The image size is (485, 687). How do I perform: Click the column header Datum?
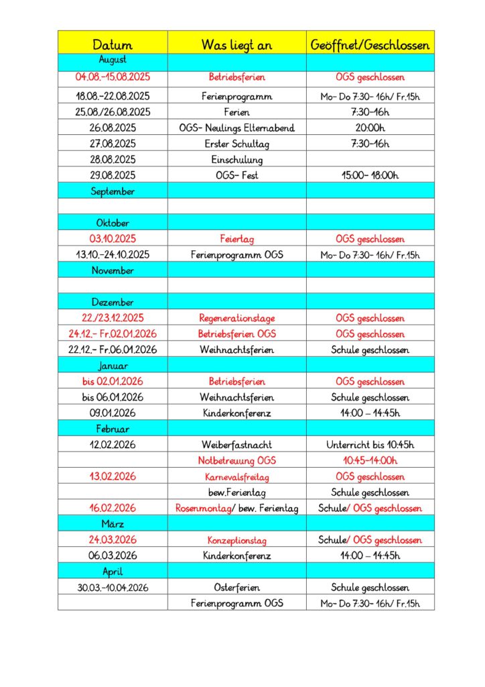[113, 45]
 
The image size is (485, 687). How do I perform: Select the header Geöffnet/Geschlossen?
[370, 45]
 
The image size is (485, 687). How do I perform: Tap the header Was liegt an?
[237, 45]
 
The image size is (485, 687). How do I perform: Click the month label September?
[113, 191]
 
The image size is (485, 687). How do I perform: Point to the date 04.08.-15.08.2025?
[113, 77]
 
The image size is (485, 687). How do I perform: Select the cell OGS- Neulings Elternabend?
[237, 128]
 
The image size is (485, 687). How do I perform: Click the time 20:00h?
[370, 128]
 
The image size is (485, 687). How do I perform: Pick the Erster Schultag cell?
[237, 144]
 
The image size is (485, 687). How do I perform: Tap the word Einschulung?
[237, 160]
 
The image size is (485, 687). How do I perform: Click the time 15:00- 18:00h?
[370, 175]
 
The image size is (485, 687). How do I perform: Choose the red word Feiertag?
[237, 239]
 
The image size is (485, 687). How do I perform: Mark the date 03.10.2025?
[113, 239]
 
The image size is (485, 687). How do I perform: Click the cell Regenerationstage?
[237, 318]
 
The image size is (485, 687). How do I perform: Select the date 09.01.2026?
[113, 413]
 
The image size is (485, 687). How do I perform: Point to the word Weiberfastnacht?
[237, 445]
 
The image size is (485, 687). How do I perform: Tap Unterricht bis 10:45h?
[370, 445]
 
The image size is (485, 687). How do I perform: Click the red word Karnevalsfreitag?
[237, 477]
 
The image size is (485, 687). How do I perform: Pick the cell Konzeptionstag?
[237, 540]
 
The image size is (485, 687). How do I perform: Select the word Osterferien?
[237, 588]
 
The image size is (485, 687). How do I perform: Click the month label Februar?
[113, 429]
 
